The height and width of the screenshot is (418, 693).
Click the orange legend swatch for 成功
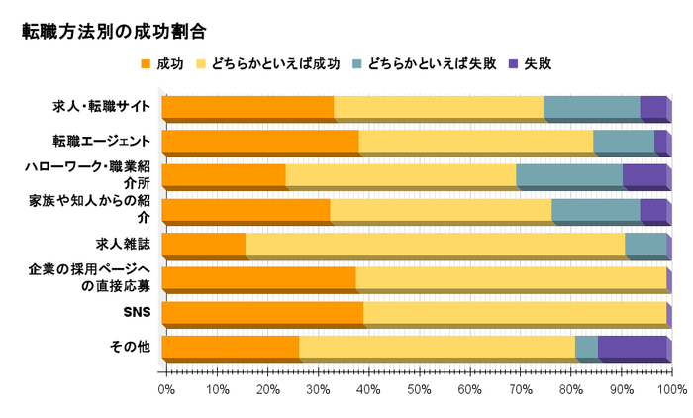(x=148, y=64)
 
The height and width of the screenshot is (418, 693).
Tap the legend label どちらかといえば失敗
(x=431, y=64)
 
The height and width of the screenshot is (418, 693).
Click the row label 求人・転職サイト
(x=103, y=106)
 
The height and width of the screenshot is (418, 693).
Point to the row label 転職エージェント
(x=103, y=140)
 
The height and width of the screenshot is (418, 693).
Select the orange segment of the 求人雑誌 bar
(x=203, y=245)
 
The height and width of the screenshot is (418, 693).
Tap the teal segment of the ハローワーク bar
(x=569, y=176)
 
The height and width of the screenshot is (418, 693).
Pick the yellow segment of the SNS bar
(x=515, y=313)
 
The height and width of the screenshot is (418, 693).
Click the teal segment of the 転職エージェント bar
(x=624, y=142)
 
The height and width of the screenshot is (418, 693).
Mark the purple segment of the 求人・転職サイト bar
(x=652, y=107)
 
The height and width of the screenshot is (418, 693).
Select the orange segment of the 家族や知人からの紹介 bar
(x=246, y=210)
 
